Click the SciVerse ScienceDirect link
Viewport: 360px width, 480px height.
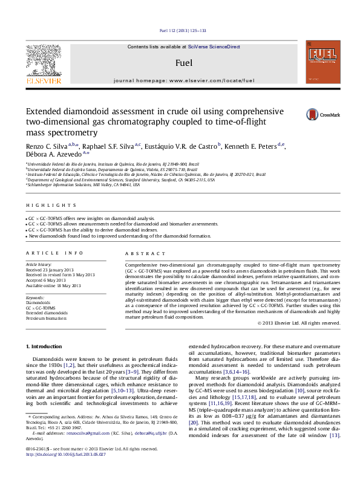(x=214, y=47)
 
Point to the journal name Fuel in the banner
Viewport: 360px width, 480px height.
(x=184, y=62)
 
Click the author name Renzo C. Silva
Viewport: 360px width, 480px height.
(x=45, y=146)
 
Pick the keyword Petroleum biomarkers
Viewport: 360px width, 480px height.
(x=47, y=317)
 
